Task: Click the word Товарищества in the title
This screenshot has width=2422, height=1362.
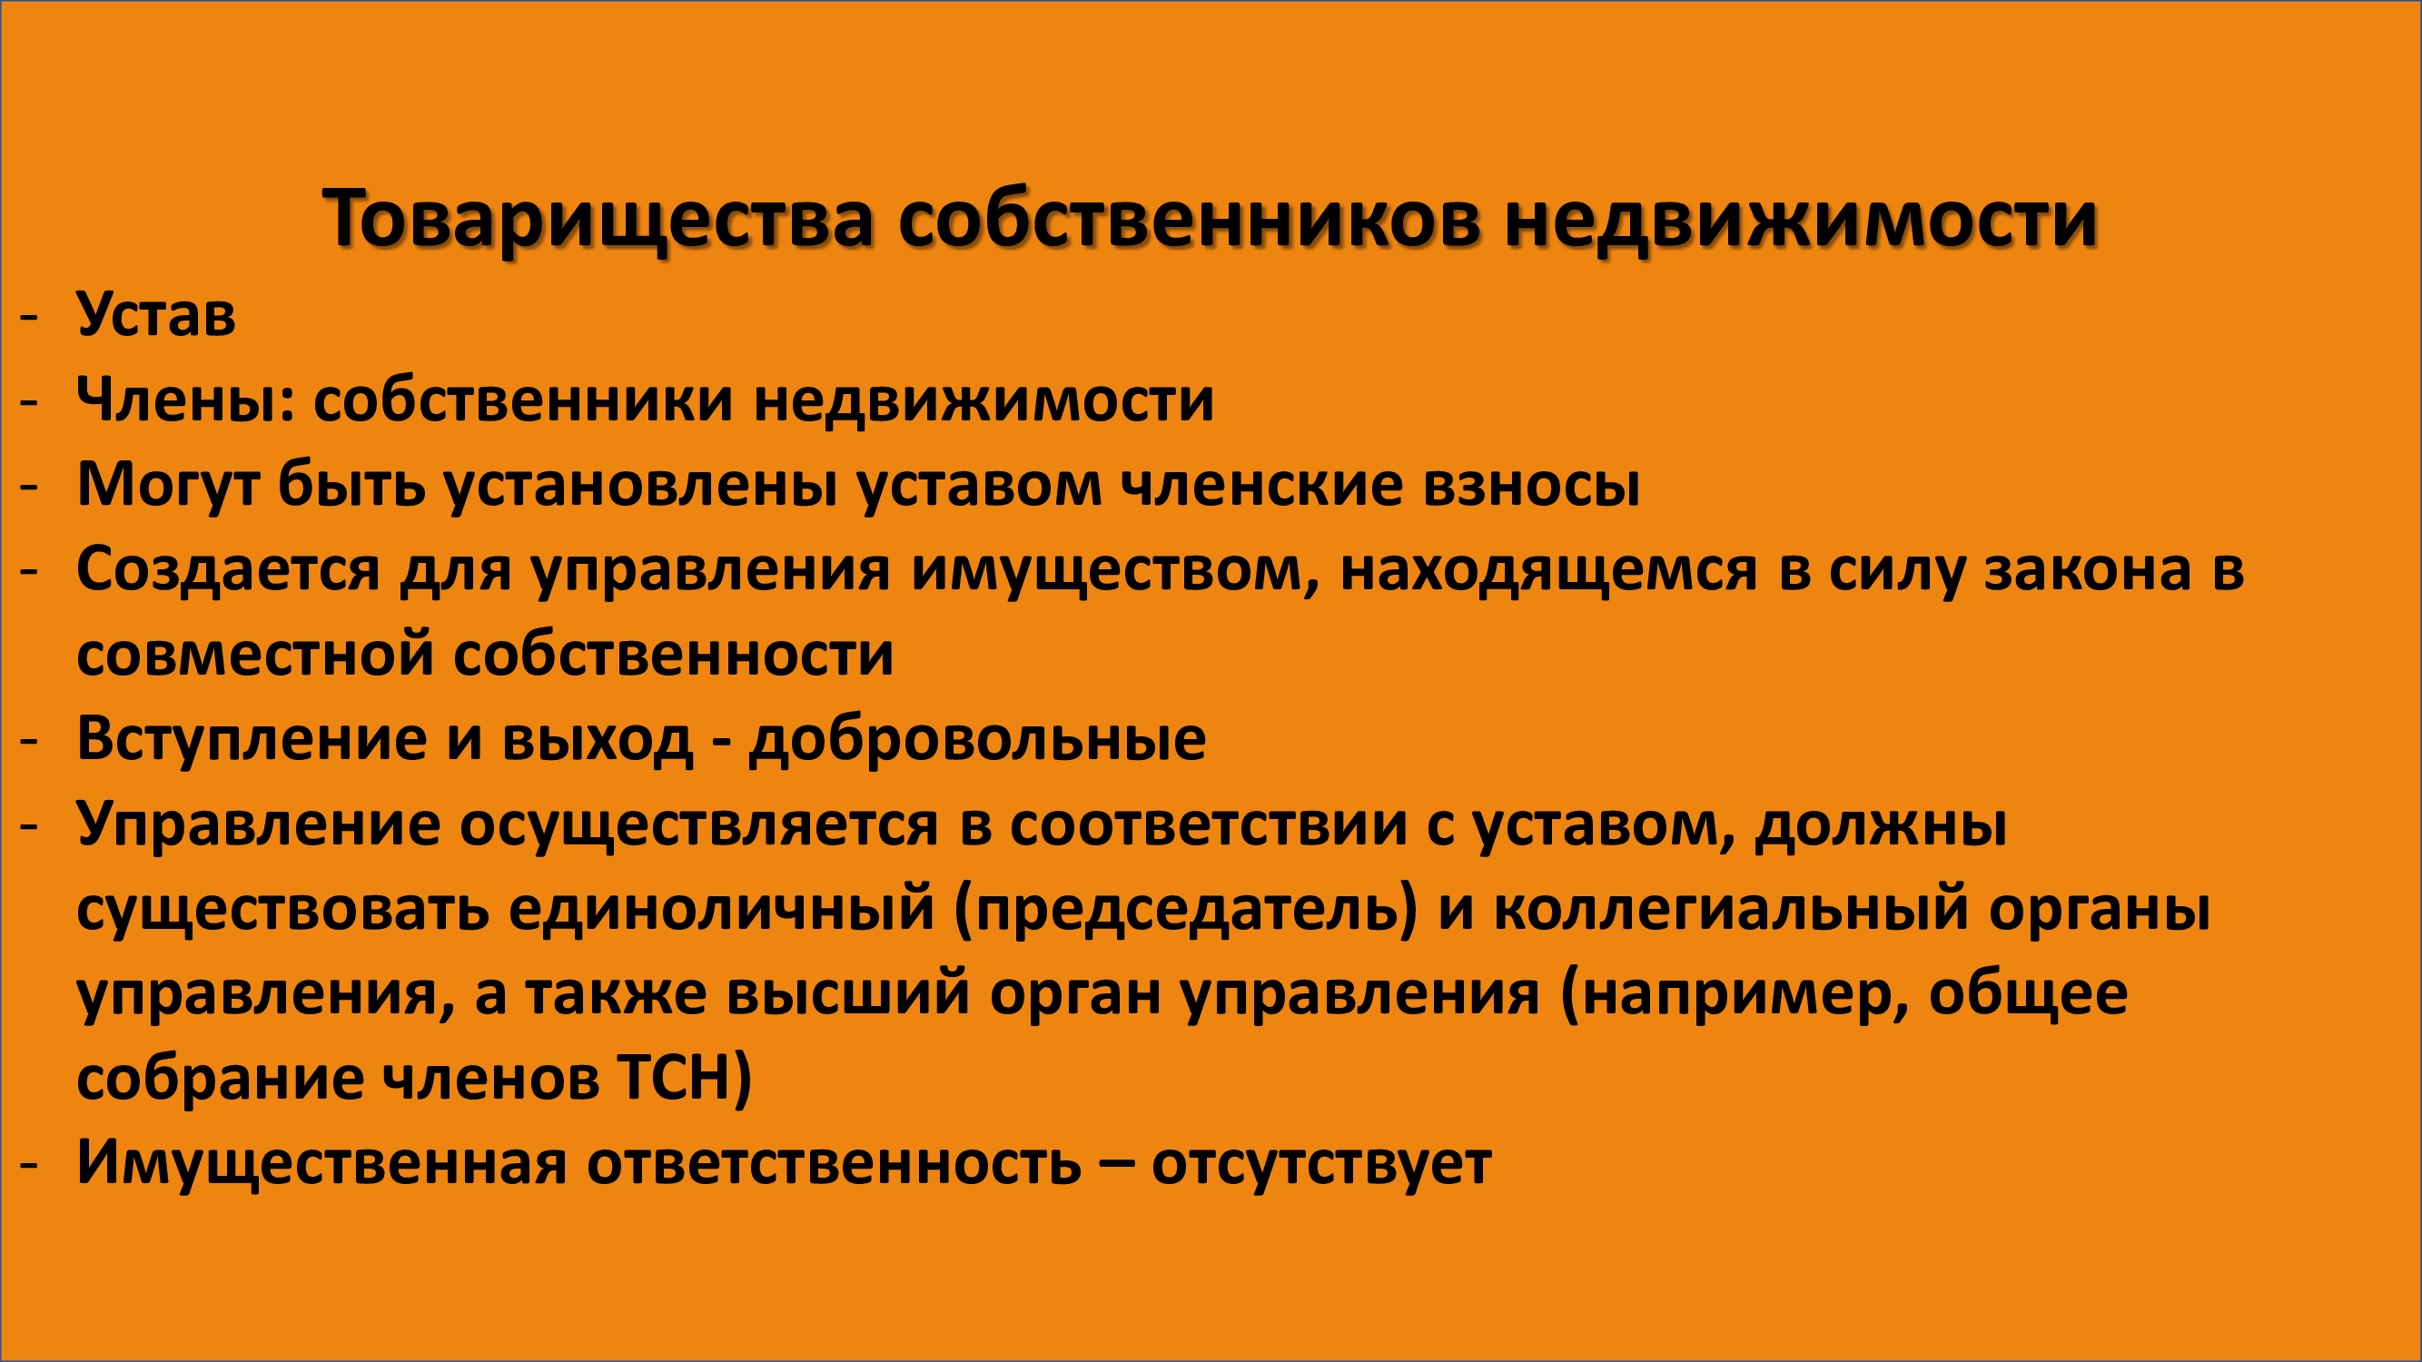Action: click(598, 220)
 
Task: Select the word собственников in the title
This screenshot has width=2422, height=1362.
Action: click(1190, 220)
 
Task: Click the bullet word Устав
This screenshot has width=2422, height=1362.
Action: click(156, 315)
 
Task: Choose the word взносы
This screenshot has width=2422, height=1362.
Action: click(1532, 486)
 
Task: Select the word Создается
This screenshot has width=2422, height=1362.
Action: click(229, 570)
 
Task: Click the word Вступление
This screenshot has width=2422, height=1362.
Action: click(252, 740)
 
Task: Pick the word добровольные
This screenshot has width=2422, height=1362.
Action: click(977, 740)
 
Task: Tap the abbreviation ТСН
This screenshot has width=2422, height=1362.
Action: click(674, 1078)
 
